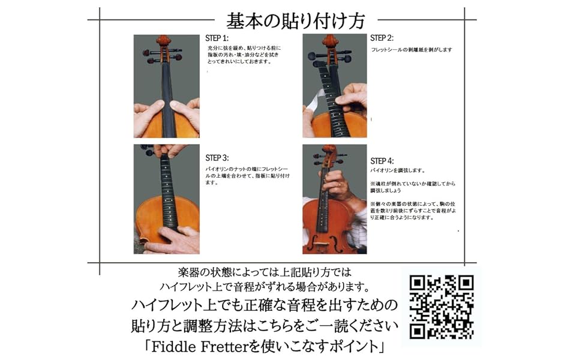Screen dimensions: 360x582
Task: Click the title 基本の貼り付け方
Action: point(295,21)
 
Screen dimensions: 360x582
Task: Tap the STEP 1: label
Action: point(217,38)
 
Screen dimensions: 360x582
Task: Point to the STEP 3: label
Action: point(217,158)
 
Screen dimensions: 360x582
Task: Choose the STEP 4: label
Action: point(382,161)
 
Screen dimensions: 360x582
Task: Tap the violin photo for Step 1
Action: point(166,86)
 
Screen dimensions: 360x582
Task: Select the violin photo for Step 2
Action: point(334,86)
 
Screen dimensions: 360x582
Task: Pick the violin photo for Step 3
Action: point(166,199)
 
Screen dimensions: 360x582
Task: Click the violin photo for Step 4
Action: point(334,199)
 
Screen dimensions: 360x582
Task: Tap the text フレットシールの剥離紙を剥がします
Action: point(412,50)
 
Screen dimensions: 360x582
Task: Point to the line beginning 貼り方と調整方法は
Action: point(264,326)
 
